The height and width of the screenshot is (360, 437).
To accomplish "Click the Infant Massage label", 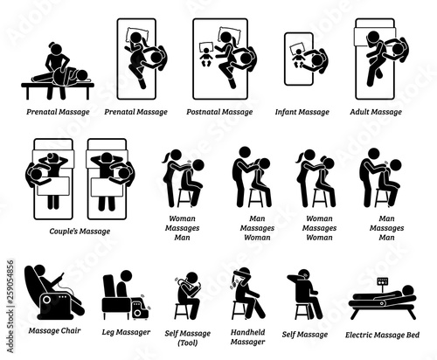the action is (x=302, y=112).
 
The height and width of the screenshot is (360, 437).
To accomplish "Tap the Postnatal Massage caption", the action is (x=219, y=112).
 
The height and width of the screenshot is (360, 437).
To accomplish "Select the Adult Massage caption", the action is (x=376, y=112).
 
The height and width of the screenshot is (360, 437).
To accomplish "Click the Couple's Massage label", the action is (x=80, y=232).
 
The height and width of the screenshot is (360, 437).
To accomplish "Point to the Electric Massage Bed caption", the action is (x=382, y=335).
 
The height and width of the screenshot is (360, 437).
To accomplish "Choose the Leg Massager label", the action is (x=126, y=332).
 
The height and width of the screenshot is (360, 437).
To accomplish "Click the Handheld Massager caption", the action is (x=247, y=337).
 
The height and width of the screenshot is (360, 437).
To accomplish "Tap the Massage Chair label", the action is (x=54, y=330).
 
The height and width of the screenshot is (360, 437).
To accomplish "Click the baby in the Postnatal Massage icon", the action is (x=205, y=57).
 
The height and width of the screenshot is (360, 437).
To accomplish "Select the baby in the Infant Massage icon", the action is (x=299, y=58).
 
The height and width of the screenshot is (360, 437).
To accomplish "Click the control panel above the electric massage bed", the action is (x=383, y=281).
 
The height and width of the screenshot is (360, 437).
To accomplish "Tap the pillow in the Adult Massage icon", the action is (x=361, y=37).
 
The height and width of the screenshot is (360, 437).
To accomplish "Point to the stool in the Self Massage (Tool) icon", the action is (x=181, y=311).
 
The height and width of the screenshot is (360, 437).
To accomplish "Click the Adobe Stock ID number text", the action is (x=10, y=307).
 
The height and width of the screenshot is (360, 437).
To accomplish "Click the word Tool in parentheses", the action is (x=187, y=343).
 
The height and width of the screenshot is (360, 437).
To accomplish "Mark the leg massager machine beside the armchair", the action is (x=140, y=308).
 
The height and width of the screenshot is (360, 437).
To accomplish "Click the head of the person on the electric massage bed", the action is (x=407, y=291).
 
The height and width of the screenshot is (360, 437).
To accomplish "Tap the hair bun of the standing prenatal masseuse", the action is (x=52, y=45).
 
